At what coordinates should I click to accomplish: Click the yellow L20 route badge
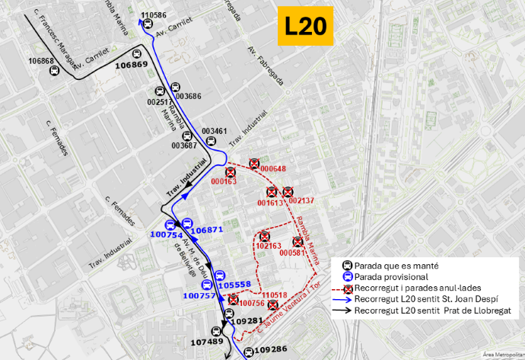point(305,27)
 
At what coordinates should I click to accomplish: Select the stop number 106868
point(41,61)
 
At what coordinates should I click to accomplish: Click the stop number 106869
point(131,65)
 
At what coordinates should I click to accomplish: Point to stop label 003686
point(188,97)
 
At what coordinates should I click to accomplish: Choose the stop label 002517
point(160,101)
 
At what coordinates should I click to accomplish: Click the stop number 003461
point(215,131)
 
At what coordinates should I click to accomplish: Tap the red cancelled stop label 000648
point(272,169)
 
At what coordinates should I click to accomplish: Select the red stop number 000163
point(224,181)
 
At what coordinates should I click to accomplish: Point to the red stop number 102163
point(269,246)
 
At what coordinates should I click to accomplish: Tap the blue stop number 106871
point(207,230)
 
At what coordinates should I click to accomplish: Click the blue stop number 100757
point(199,295)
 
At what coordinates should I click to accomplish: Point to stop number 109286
point(271,350)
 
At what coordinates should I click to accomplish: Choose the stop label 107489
point(206,342)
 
